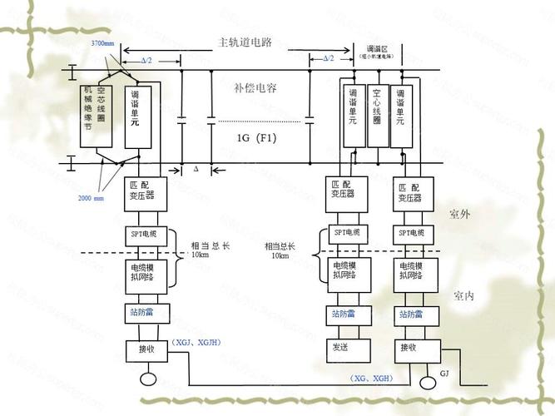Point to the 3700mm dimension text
(x=104, y=42)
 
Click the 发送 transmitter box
(x=339, y=347)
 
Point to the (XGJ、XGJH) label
(x=197, y=342)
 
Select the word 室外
(x=459, y=215)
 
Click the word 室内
(x=463, y=296)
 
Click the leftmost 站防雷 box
(x=147, y=314)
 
